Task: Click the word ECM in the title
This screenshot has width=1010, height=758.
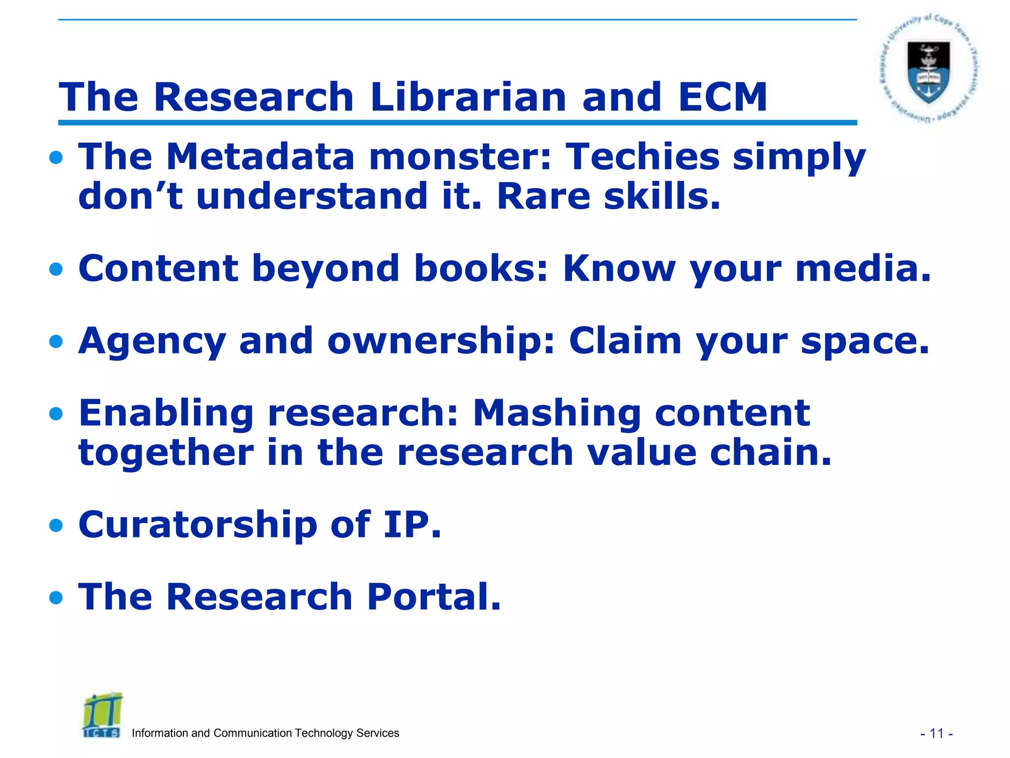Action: click(722, 97)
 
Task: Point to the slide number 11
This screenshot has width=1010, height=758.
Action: click(936, 734)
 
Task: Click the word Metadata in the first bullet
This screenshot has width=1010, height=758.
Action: click(260, 157)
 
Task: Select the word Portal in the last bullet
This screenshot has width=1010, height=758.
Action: click(433, 597)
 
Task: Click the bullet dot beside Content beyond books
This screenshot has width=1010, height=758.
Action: click(56, 269)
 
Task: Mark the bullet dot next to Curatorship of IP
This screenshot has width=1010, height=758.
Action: click(56, 526)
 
